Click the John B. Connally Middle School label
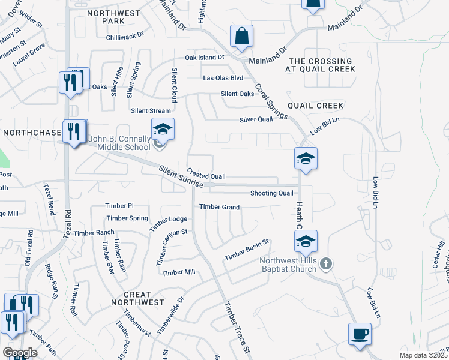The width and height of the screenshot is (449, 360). tap(119, 143)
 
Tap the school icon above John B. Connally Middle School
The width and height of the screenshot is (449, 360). tap(163, 128)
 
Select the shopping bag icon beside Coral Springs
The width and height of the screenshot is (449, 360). tap(241, 36)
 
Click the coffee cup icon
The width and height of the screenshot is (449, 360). tap(360, 334)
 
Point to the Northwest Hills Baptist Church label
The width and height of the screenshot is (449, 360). tap(288, 265)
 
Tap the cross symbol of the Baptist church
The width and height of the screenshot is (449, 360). tap(325, 263)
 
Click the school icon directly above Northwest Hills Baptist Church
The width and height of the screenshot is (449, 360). tap(306, 241)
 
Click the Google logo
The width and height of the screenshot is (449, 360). tap(20, 352)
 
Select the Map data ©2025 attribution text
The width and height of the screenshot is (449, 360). tap(423, 355)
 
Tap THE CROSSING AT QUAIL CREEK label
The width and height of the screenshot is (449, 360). tap(321, 65)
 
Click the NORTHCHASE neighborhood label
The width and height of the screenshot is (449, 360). tap(32, 132)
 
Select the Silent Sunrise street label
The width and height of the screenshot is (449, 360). tap(181, 179)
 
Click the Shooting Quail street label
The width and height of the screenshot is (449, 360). tap(271, 193)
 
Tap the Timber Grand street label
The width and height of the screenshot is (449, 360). tap(219, 207)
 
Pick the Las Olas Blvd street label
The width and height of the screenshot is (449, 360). tap(223, 78)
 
